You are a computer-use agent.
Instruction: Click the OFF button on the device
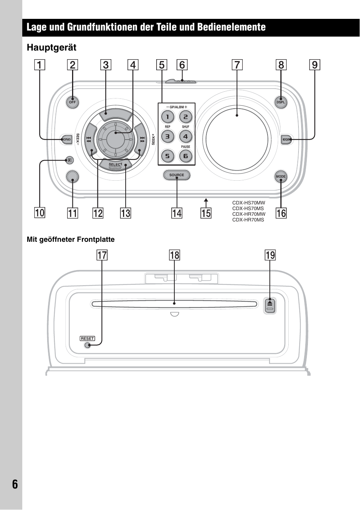pyautogui.click(x=72, y=102)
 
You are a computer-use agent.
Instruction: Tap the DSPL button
pyautogui.click(x=281, y=102)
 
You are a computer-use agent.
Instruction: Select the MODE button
pyautogui.click(x=281, y=176)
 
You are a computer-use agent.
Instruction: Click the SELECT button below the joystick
pyautogui.click(x=116, y=164)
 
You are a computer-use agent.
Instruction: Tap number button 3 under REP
pyautogui.click(x=168, y=137)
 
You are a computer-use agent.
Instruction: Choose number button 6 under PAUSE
pyautogui.click(x=185, y=156)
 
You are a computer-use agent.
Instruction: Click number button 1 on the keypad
pyautogui.click(x=168, y=117)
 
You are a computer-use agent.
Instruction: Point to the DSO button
pyautogui.click(x=66, y=140)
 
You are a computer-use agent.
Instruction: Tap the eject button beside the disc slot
pyautogui.click(x=270, y=306)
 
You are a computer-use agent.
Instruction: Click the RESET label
pyautogui.click(x=87, y=338)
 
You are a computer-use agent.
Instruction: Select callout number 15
pyautogui.click(x=206, y=213)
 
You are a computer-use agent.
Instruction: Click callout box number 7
pyautogui.click(x=237, y=65)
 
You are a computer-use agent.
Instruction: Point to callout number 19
pyautogui.click(x=270, y=255)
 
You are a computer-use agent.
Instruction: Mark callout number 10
pyautogui.click(x=40, y=213)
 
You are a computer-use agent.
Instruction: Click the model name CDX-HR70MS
pyautogui.click(x=248, y=220)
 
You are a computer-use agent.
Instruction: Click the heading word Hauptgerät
pyautogui.click(x=52, y=48)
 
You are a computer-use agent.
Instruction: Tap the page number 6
pyautogui.click(x=15, y=484)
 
